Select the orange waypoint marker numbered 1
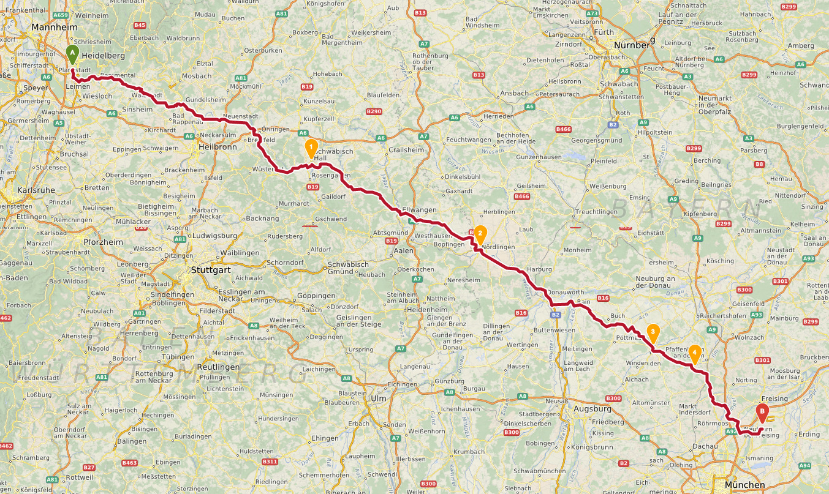[x=311, y=148]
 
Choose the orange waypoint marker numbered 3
[x=653, y=333]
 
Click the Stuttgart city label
[x=212, y=269]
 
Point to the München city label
[x=743, y=485]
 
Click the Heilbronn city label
[x=217, y=147]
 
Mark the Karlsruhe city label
[x=36, y=190]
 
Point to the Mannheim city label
[x=55, y=28]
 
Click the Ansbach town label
[x=515, y=93]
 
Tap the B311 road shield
[x=269, y=461]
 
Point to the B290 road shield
[x=374, y=111]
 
